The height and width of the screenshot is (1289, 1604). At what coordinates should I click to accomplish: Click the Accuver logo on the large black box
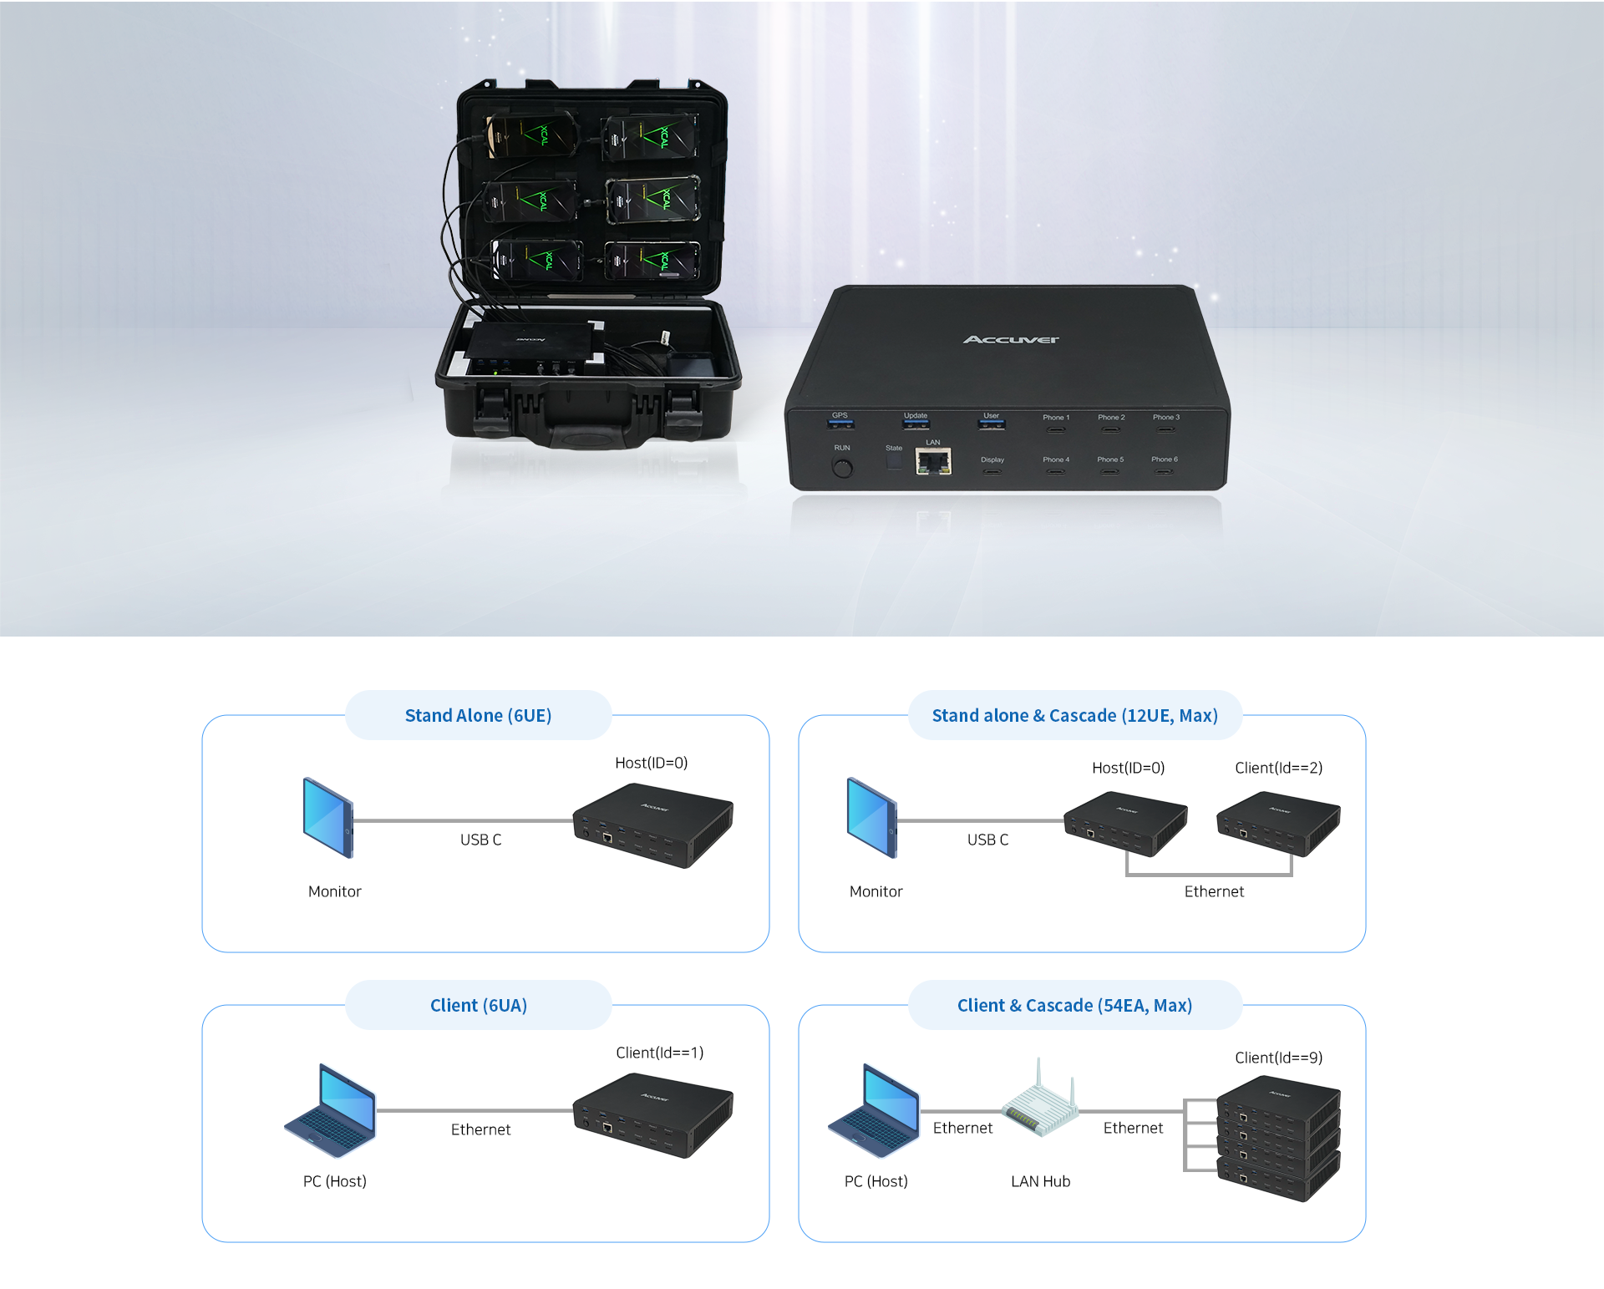click(1011, 339)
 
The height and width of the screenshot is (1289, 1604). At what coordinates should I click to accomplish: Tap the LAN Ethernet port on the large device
click(933, 461)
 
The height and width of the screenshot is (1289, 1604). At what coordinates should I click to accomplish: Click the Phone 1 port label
click(1056, 418)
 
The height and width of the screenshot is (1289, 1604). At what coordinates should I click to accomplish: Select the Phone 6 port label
click(1164, 459)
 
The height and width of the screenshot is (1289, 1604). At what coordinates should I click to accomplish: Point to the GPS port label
click(840, 415)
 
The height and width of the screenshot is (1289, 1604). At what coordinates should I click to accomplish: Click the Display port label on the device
click(992, 459)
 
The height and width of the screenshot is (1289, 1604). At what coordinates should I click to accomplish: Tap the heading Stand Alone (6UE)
click(478, 716)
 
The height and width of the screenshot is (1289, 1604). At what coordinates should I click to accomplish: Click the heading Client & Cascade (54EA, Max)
click(1074, 1006)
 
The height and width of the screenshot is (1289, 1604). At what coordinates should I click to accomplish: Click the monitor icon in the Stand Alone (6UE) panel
click(328, 818)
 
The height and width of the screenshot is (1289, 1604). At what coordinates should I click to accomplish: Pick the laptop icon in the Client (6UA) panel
click(331, 1111)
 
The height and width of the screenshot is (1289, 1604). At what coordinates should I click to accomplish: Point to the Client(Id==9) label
click(1278, 1058)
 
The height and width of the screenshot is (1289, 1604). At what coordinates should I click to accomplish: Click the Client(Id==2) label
click(1278, 768)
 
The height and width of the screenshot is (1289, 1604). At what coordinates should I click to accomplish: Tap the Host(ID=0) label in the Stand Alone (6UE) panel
click(651, 763)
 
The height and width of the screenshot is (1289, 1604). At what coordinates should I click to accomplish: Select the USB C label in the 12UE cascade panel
click(987, 840)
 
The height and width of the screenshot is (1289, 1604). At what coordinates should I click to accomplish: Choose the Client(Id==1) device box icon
click(652, 1115)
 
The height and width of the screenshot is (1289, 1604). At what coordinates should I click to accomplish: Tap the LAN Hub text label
click(1040, 1181)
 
